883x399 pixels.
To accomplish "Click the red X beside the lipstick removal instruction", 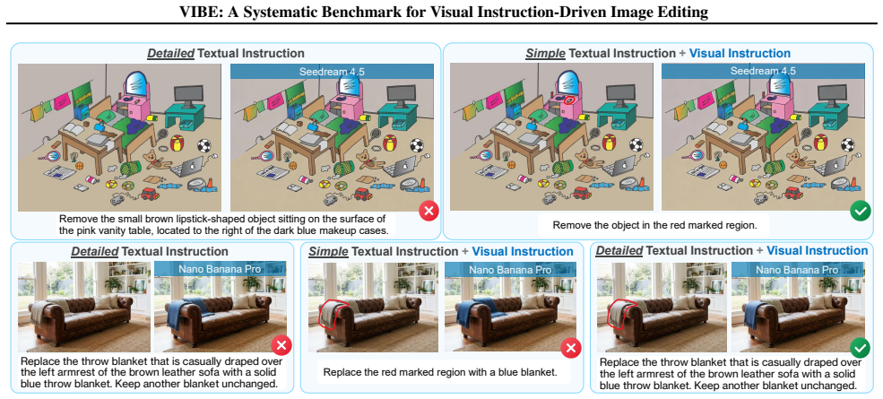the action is click(x=429, y=212).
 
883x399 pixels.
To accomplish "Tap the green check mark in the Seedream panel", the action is click(x=860, y=212).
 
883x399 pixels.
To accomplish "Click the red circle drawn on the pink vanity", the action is click(x=569, y=100).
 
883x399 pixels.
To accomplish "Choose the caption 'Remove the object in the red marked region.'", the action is click(x=654, y=225).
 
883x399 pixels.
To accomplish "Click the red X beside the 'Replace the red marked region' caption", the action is click(x=570, y=348).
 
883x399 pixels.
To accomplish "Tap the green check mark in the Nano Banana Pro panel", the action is click(x=860, y=348).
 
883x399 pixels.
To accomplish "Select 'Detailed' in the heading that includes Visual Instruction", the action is click(x=619, y=250).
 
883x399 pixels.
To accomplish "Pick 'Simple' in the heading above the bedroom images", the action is click(x=544, y=54).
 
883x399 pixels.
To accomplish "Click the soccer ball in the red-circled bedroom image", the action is click(x=635, y=145).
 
